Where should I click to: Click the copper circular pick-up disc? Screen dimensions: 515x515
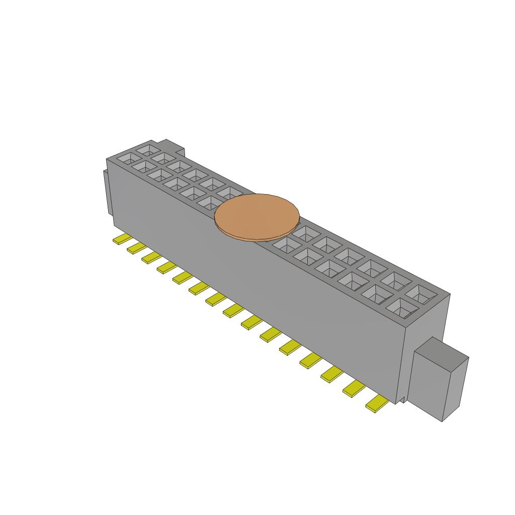(257, 216)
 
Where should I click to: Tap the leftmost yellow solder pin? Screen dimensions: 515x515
(122, 239)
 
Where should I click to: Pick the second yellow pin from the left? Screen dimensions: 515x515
(136, 248)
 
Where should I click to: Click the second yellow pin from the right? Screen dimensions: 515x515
(354, 389)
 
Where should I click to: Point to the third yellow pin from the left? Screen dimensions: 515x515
(151, 257)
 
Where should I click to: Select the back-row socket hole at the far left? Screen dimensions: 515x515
(148, 149)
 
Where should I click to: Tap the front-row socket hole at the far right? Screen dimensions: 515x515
(401, 308)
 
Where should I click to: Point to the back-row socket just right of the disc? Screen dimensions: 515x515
(305, 233)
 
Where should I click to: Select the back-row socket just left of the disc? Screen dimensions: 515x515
(230, 193)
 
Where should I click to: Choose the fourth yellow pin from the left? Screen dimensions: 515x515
(167, 267)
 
